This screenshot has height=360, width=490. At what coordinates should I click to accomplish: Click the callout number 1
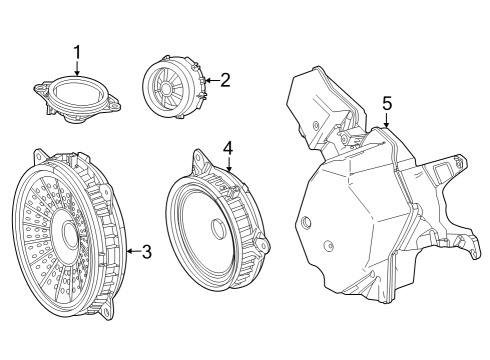point(77,50)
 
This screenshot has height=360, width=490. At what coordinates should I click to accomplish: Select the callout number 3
point(146,252)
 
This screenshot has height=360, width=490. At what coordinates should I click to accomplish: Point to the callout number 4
point(228,147)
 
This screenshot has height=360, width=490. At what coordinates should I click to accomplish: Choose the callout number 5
point(387,102)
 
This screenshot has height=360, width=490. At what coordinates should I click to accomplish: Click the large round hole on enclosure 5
point(305,225)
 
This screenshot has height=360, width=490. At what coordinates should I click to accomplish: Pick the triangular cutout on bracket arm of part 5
point(440,174)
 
